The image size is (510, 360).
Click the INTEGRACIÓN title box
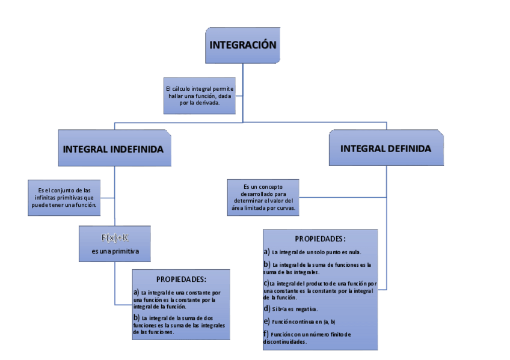pos(243,45)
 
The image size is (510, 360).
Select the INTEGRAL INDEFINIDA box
pos(114,148)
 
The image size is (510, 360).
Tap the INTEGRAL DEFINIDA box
pos(386,148)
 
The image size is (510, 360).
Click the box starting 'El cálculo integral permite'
pos(200,96)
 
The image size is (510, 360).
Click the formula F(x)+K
pos(115,237)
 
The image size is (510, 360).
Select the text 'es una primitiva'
pos(115,251)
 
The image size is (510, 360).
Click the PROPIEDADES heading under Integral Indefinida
pos(181,279)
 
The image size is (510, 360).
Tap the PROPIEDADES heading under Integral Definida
pos(320,239)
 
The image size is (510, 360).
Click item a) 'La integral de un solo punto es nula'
pos(313,252)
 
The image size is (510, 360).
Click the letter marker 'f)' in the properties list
pos(266,334)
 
